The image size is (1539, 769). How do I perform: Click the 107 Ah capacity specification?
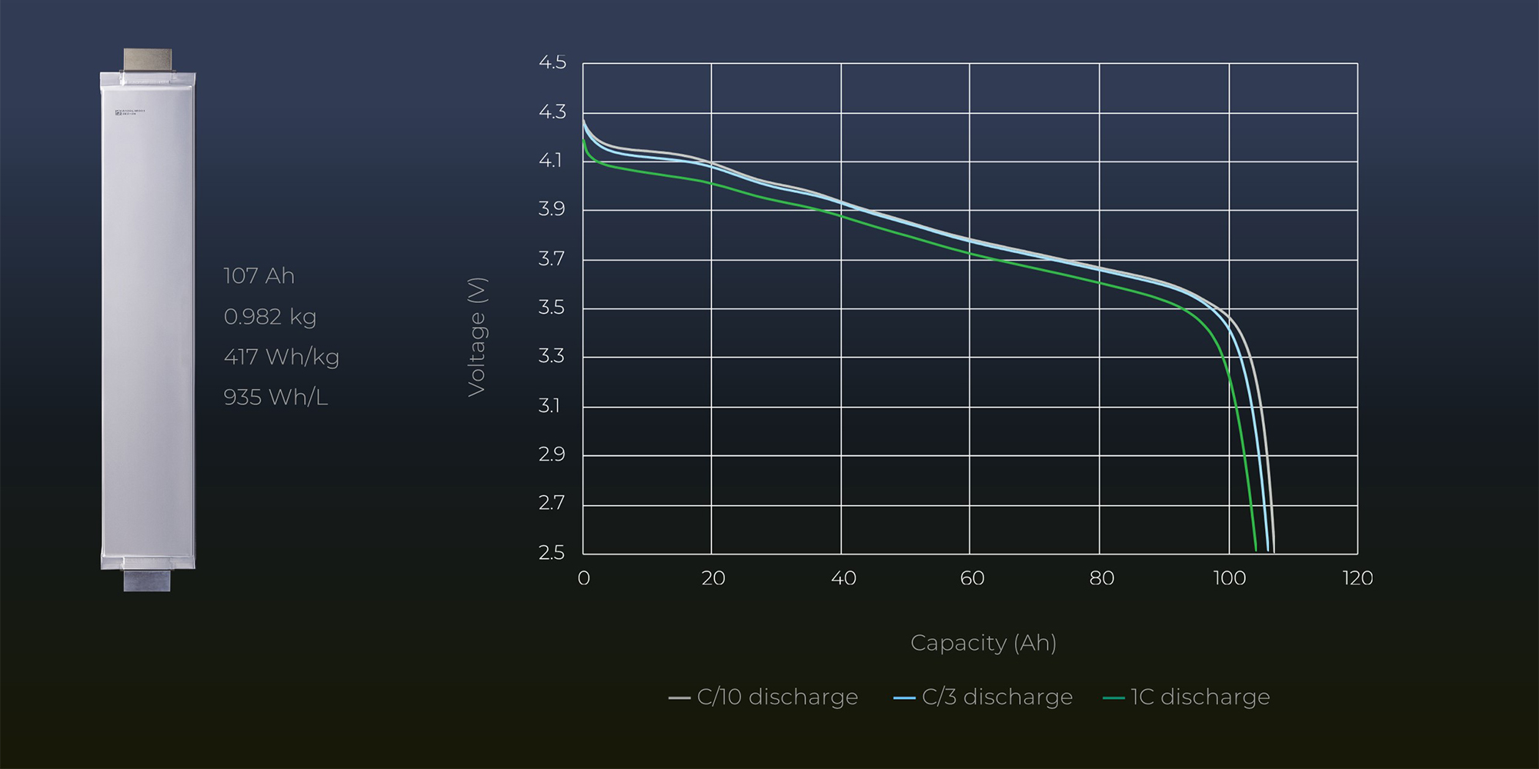tap(259, 275)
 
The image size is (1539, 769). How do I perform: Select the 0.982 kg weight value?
tap(269, 316)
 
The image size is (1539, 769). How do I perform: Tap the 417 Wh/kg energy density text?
tap(281, 357)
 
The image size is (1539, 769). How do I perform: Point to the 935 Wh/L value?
tap(275, 397)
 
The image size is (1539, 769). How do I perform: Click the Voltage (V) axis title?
tap(477, 337)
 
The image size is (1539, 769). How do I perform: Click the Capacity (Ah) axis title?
tap(983, 642)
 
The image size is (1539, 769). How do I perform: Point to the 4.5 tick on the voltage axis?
tap(552, 62)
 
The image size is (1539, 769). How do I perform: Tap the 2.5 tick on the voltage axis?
tap(552, 552)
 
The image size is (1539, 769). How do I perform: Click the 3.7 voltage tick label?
tap(552, 258)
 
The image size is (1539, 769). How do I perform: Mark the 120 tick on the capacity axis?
tap(1357, 578)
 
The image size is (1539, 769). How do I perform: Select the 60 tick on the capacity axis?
tap(972, 578)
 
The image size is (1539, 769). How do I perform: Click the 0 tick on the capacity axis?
tap(583, 578)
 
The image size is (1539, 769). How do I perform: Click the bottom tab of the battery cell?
tap(147, 580)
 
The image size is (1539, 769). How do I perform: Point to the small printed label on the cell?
tap(130, 112)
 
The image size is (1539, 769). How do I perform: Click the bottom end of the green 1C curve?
tap(1256, 549)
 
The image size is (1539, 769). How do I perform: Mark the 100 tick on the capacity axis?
tap(1229, 578)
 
